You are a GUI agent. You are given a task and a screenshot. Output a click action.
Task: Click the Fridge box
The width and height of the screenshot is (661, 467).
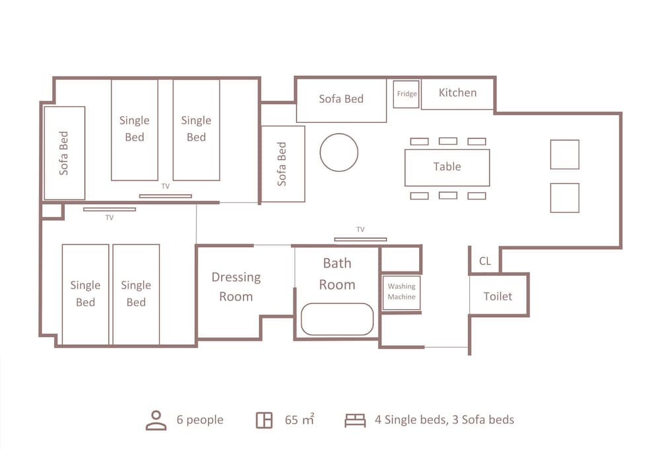pos(407,94)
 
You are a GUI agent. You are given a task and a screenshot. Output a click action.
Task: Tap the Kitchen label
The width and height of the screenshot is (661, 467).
pos(457,92)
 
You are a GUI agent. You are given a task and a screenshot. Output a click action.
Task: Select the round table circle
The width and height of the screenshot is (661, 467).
pos(339,153)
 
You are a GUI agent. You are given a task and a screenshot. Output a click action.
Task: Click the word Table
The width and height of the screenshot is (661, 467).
pos(447,166)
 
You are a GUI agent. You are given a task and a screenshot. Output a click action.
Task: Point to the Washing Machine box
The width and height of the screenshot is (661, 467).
pos(401,293)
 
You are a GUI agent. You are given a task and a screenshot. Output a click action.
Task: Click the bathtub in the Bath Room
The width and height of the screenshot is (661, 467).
pos(337,319)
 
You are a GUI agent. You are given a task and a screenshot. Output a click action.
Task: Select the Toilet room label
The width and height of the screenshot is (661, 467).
pos(498,296)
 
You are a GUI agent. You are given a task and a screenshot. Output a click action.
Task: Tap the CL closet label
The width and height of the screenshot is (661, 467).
pos(485,261)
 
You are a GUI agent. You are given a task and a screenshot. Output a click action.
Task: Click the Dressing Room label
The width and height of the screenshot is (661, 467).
pos(236,287)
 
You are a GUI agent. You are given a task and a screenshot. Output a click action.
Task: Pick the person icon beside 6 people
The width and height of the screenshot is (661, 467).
pos(156,420)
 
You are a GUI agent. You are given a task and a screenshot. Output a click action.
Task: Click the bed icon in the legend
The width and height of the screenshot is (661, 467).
pos(355,420)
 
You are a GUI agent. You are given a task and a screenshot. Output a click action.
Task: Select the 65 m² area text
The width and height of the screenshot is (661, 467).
pos(299,419)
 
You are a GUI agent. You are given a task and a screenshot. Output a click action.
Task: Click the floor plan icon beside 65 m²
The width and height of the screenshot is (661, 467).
pos(264,420)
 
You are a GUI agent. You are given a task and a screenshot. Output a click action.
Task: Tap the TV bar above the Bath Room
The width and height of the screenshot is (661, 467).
pos(360,240)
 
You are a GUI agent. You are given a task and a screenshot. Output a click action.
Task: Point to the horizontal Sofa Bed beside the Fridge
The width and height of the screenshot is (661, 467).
pos(342,100)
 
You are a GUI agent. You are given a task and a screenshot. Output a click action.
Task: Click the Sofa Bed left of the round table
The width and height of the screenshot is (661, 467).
pos(283,164)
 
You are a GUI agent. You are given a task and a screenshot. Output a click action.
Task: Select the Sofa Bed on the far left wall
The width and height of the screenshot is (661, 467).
pos(65,153)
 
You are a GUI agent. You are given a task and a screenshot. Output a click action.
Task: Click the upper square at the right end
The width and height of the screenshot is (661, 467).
pos(564,155)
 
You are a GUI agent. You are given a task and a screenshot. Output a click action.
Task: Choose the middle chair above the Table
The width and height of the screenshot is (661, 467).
pos(447,141)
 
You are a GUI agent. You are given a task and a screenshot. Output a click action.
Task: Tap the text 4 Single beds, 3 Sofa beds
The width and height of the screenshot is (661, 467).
pos(444,420)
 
